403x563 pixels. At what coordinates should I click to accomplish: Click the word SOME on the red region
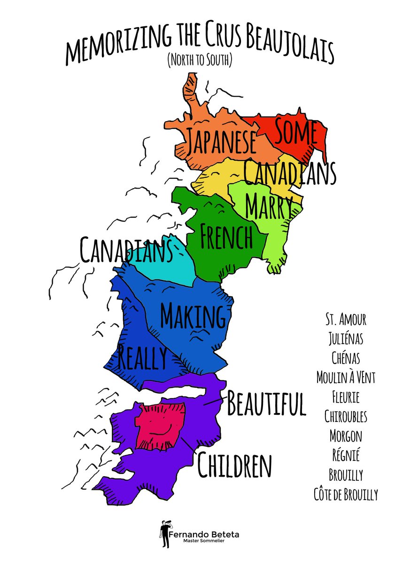pyautogui.click(x=295, y=133)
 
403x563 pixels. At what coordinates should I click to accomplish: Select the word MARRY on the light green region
pyautogui.click(x=269, y=205)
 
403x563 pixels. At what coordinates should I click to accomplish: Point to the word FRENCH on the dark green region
pyautogui.click(x=226, y=237)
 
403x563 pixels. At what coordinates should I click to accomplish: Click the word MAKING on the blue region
pyautogui.click(x=193, y=316)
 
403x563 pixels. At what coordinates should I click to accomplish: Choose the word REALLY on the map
pyautogui.click(x=142, y=358)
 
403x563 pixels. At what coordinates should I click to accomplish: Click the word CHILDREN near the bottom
pyautogui.click(x=235, y=464)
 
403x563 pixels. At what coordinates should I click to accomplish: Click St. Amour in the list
pyautogui.click(x=345, y=320)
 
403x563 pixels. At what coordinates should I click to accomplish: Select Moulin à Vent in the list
pyautogui.click(x=345, y=376)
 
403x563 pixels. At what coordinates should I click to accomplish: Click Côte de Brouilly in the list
pyautogui.click(x=345, y=494)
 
